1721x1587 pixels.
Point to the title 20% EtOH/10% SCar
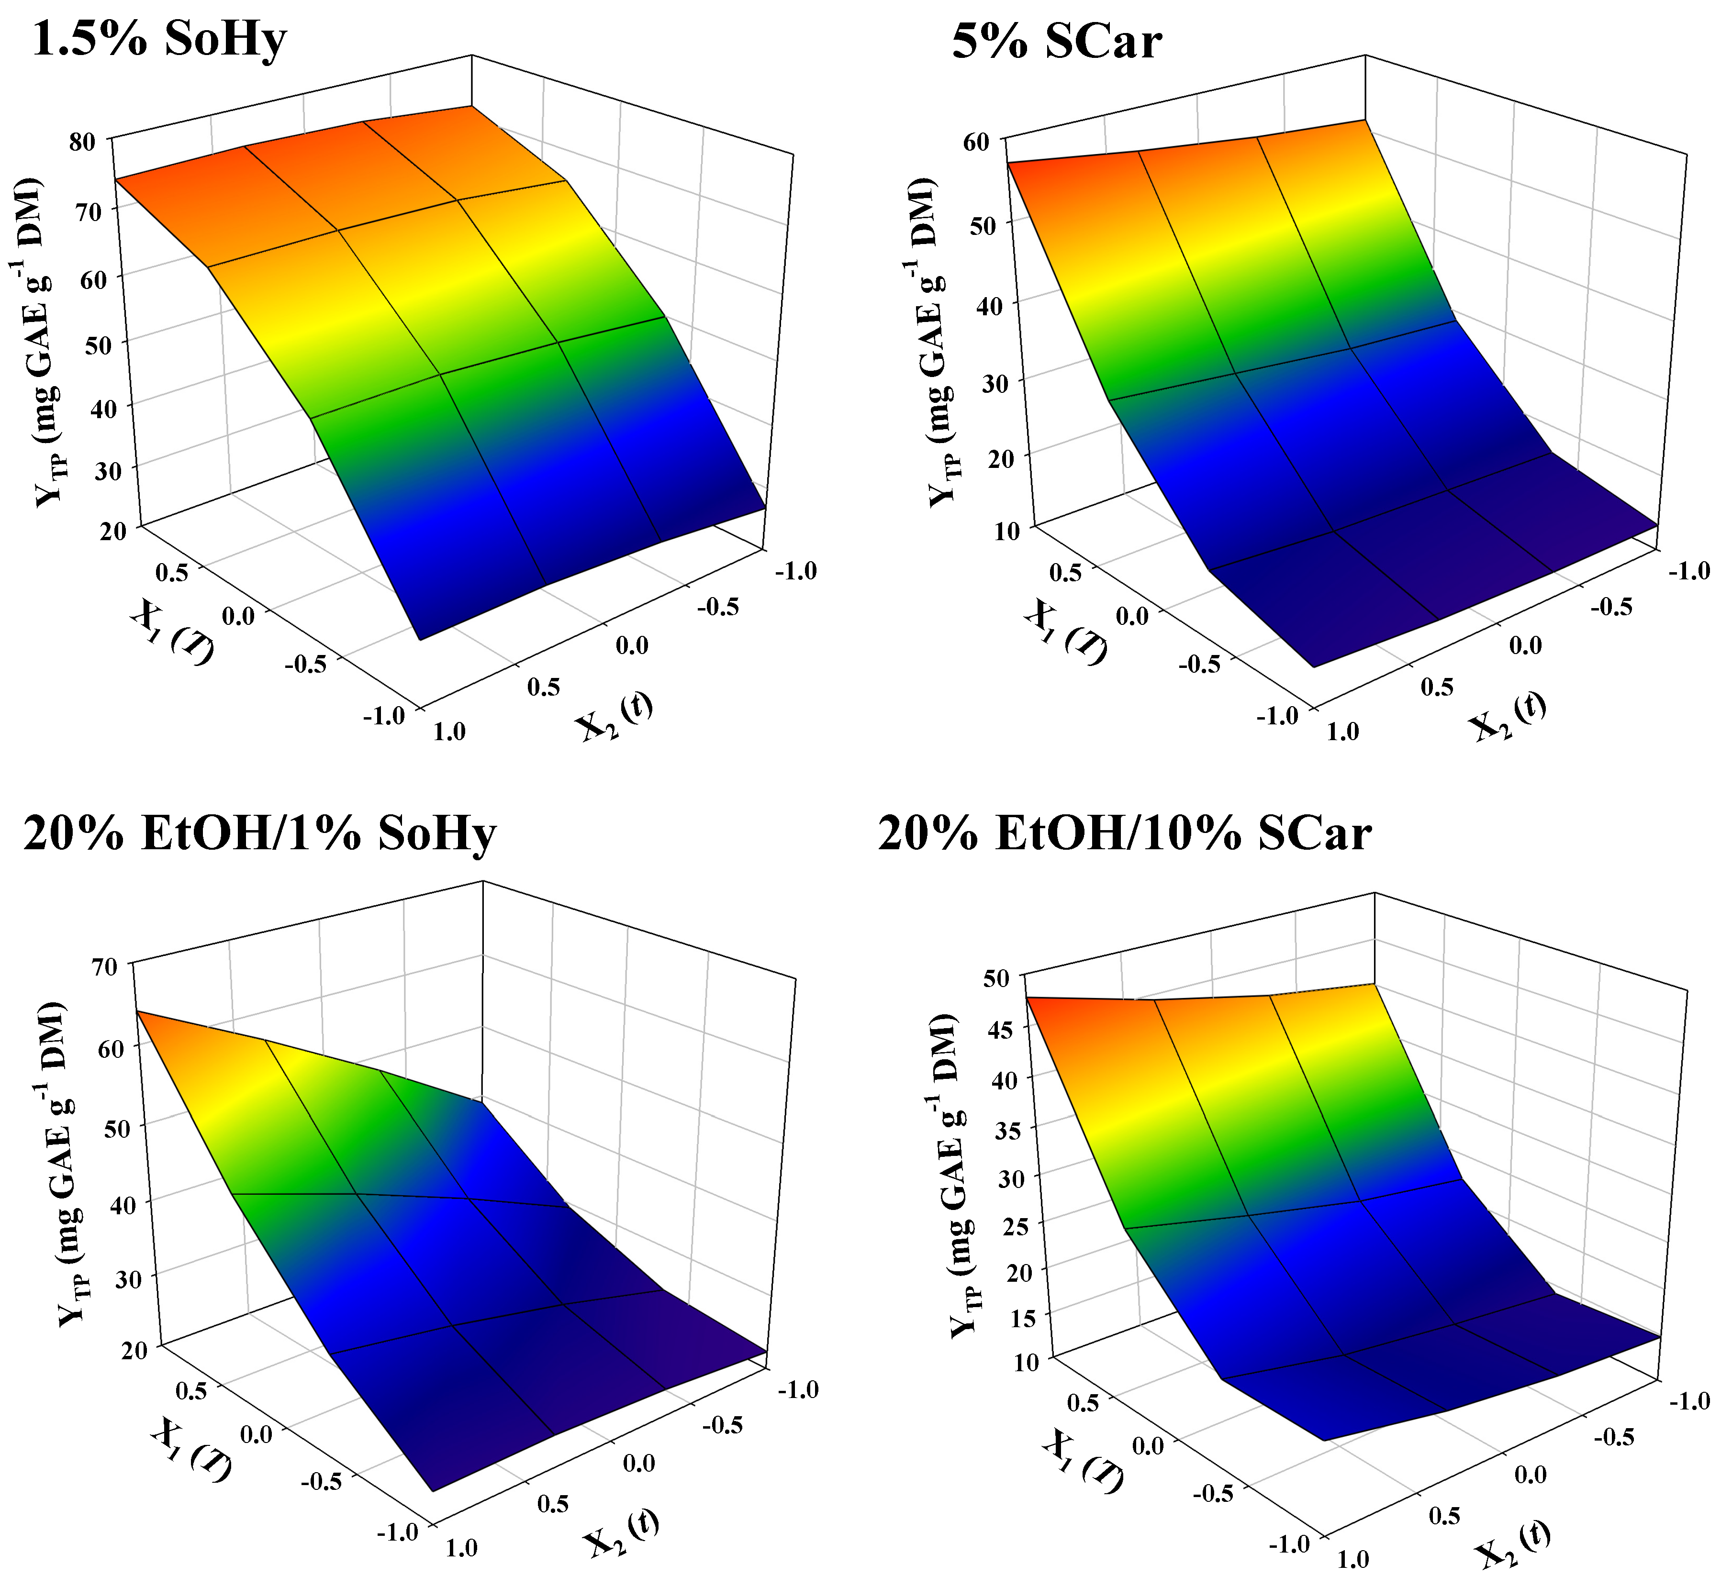(x=1124, y=833)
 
